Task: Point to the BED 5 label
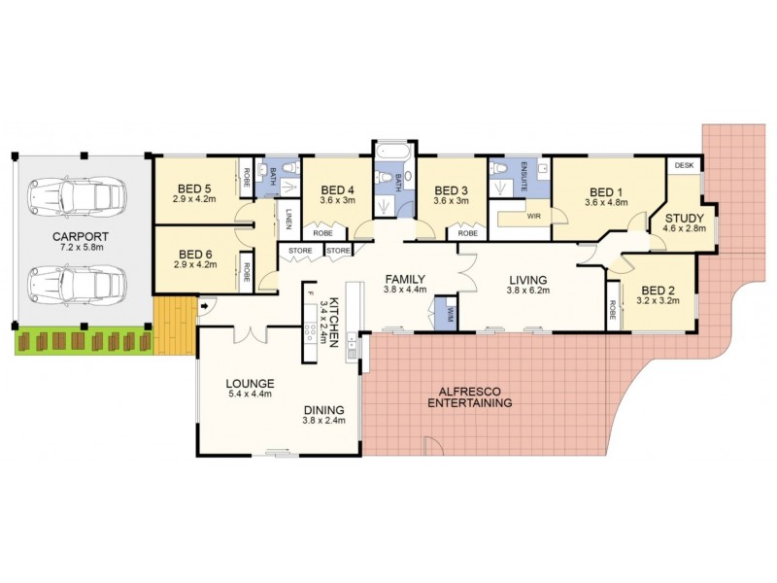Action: tap(194, 189)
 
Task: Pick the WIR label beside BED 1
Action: tap(533, 218)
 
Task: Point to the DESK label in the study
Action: tap(683, 167)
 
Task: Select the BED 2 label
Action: tap(658, 289)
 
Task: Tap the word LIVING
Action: tap(528, 277)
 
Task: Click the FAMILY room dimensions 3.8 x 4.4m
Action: tap(406, 289)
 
